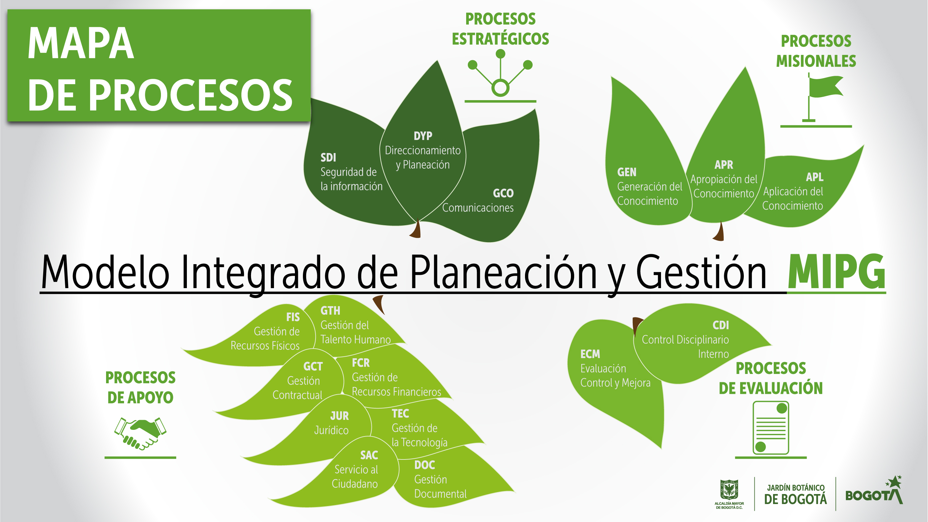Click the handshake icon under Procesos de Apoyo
pos(140,434)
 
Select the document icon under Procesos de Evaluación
pos(771,428)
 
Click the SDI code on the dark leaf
pos(328,158)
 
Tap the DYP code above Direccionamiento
pos(423,136)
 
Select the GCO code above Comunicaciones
pos(503,193)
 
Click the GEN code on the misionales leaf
pos(627,172)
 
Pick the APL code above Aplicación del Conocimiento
pos(815,177)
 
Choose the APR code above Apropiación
pos(724,165)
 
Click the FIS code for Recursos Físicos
pos(293,317)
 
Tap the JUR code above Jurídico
pos(339,416)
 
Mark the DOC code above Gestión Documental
pos(425,465)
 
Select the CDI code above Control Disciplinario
pos(721,325)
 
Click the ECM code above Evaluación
pos(590,354)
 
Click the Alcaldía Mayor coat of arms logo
pos(729,494)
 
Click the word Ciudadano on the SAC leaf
pos(354,484)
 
